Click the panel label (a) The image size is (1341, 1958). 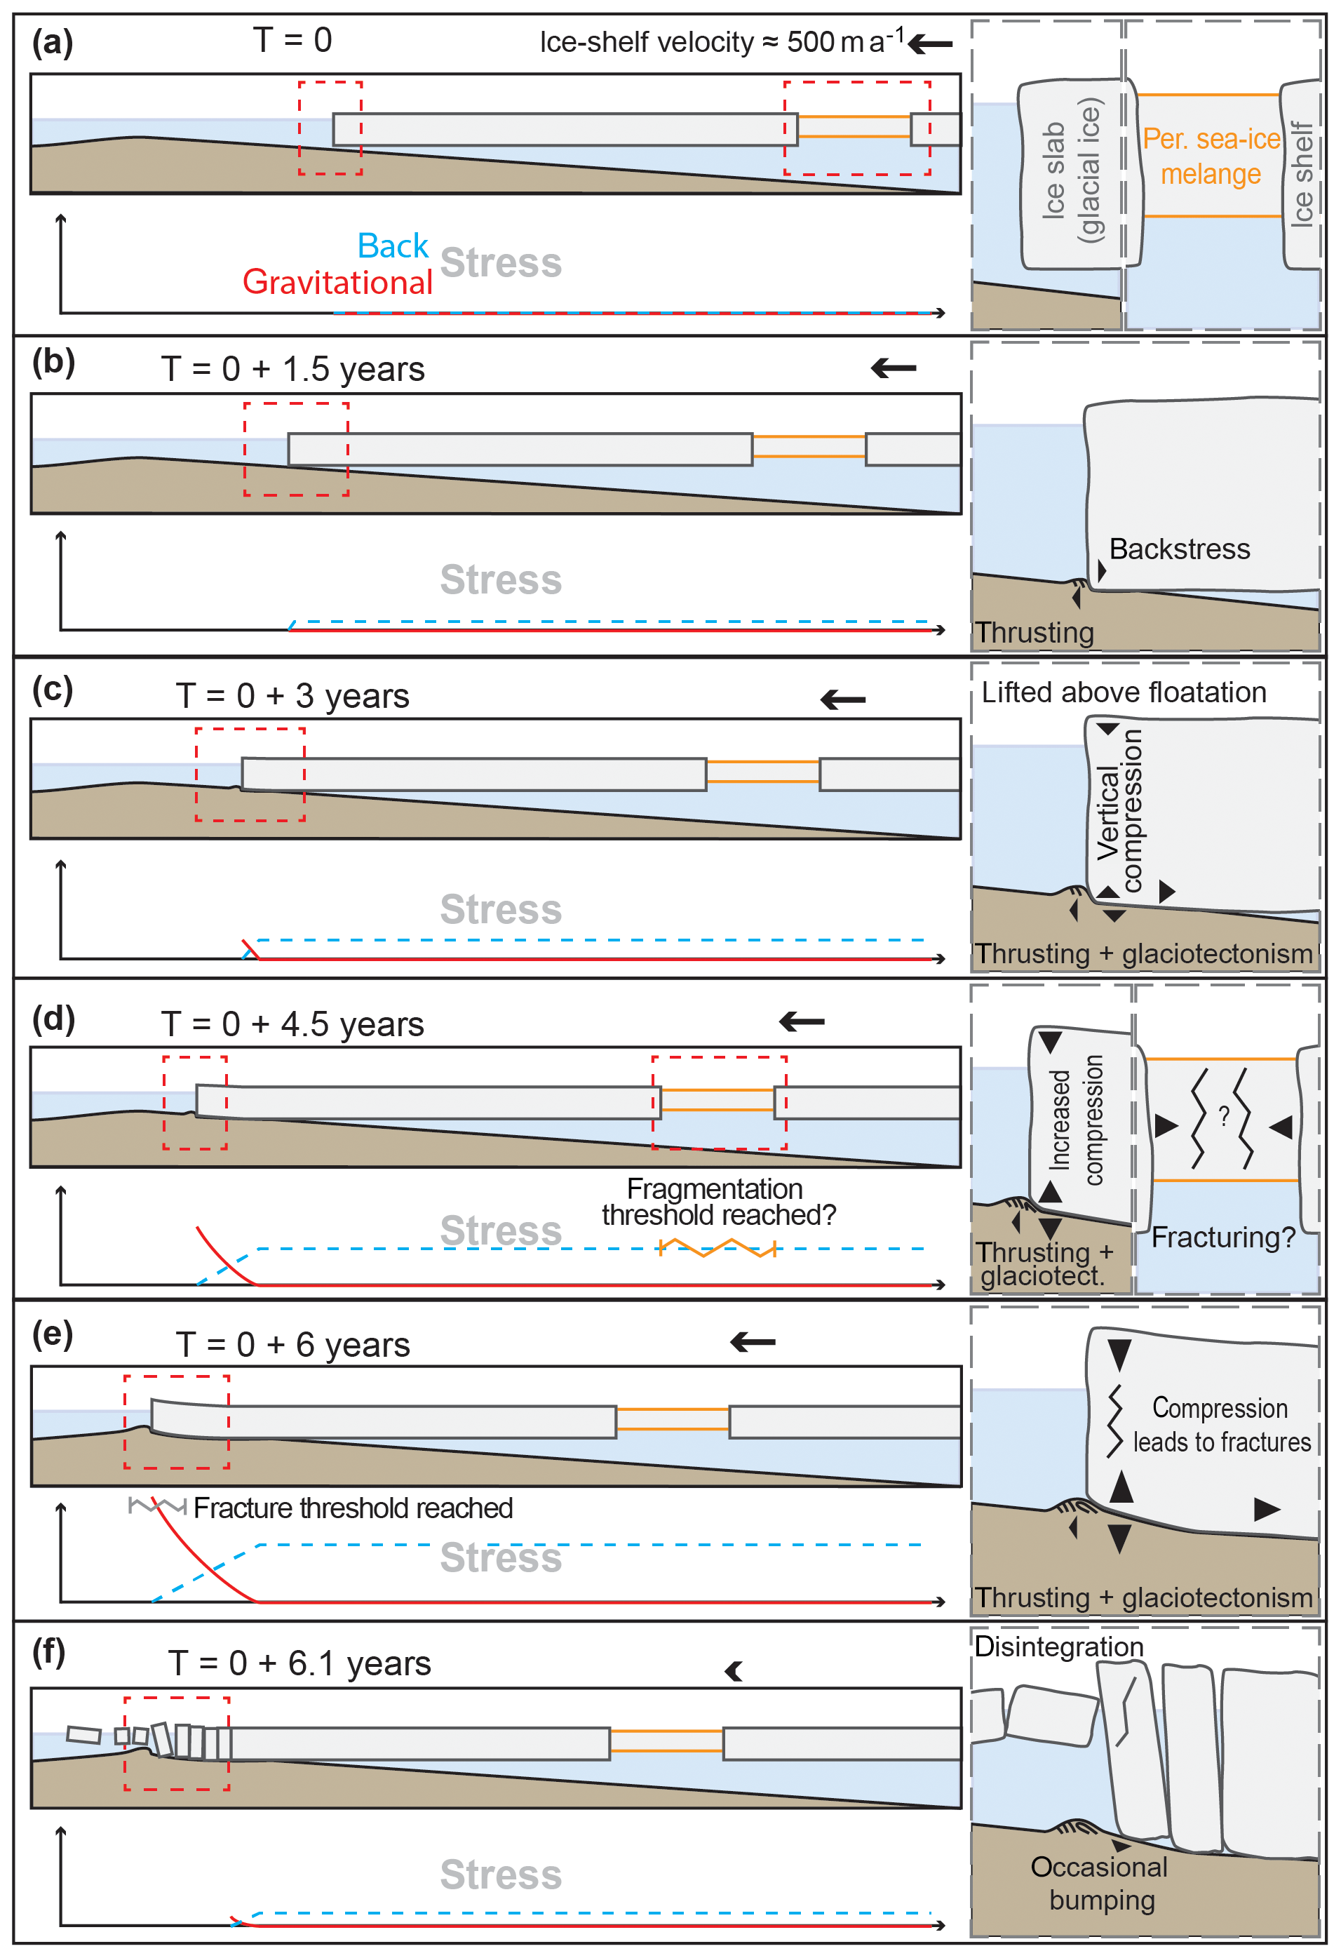(x=52, y=42)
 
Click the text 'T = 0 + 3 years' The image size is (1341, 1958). (x=292, y=696)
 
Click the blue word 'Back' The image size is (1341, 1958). (x=393, y=246)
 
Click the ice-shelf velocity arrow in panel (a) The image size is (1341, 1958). (x=931, y=43)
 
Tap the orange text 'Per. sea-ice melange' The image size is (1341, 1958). (x=1211, y=156)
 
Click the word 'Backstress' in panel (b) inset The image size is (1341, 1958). (x=1179, y=549)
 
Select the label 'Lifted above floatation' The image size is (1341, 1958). (x=1124, y=692)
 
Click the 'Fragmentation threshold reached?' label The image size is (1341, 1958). (x=718, y=1202)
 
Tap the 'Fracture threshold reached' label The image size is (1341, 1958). (x=353, y=1508)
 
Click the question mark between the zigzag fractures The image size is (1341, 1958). (x=1224, y=1116)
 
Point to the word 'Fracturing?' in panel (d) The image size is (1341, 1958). (x=1223, y=1237)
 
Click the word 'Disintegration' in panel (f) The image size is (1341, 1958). (x=1059, y=1647)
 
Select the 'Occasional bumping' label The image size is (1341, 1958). (x=1100, y=1883)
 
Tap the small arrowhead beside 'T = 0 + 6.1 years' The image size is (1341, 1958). (x=734, y=1672)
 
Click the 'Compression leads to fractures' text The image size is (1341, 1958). (x=1221, y=1425)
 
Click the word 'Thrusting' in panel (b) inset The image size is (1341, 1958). (x=1035, y=633)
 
